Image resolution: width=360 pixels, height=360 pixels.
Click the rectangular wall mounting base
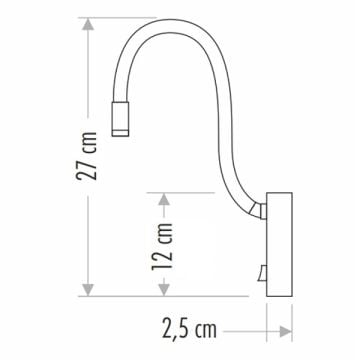click(x=278, y=244)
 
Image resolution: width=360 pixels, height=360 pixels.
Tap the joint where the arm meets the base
click(x=260, y=209)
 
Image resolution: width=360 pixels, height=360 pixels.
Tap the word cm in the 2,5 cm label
click(x=206, y=327)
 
